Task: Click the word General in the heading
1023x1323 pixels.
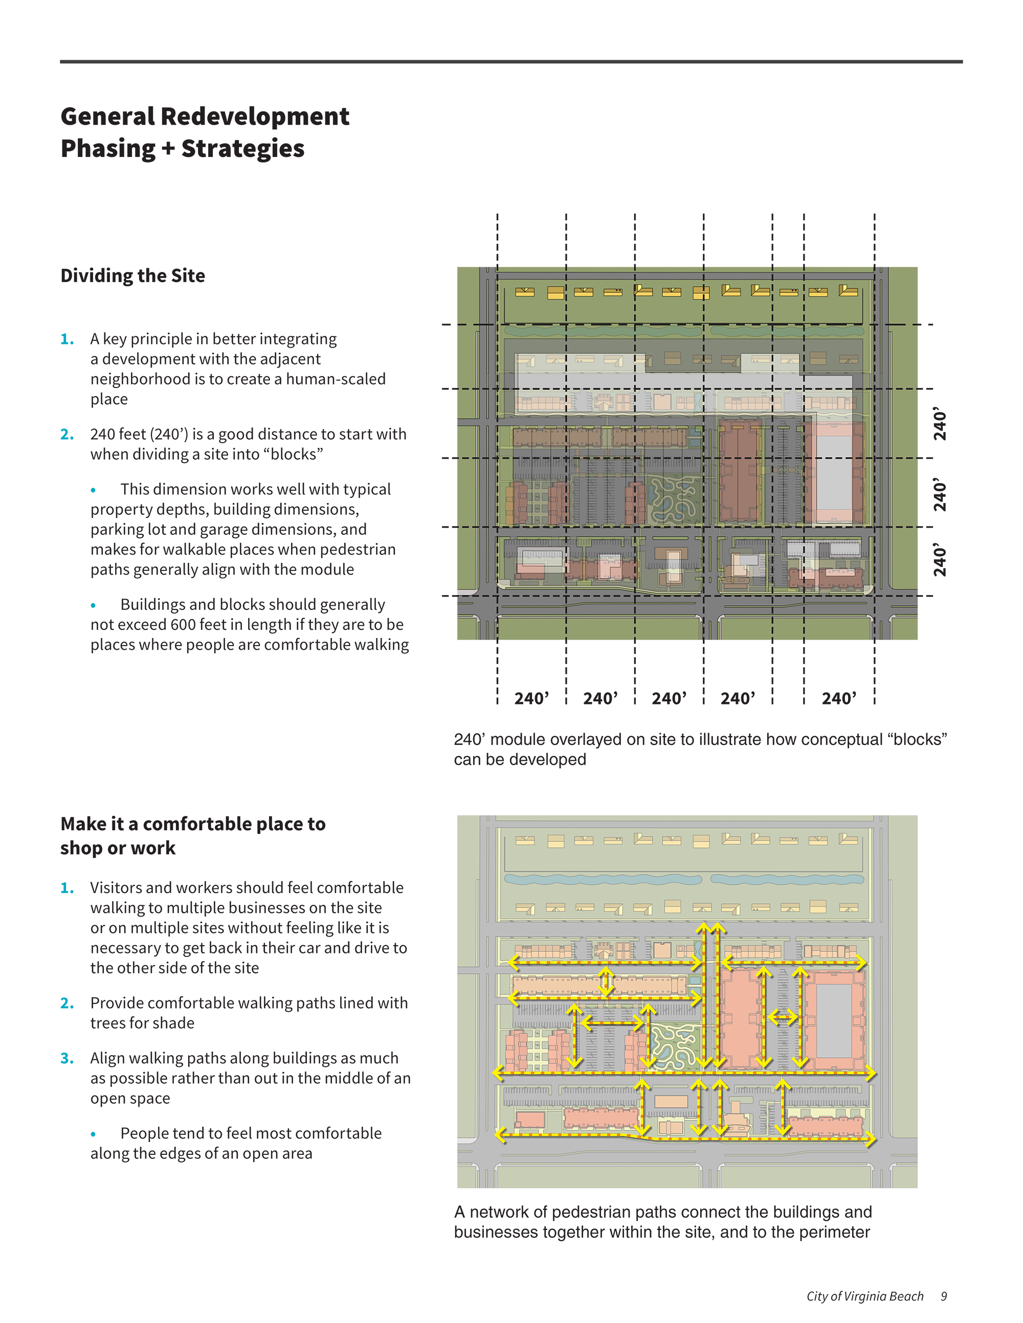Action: [x=107, y=117]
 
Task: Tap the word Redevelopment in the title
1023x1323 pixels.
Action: [x=255, y=117]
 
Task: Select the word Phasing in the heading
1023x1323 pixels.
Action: [x=107, y=148]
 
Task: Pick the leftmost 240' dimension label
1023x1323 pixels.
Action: [x=531, y=698]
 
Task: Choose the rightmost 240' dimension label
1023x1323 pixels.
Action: [x=839, y=698]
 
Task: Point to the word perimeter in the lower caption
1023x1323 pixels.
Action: [x=835, y=1232]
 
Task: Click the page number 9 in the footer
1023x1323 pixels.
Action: [x=944, y=1296]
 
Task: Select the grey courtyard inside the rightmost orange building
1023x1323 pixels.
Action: [x=834, y=1021]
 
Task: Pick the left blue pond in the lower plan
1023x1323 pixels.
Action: [x=603, y=878]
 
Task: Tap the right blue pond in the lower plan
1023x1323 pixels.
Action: [x=787, y=878]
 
